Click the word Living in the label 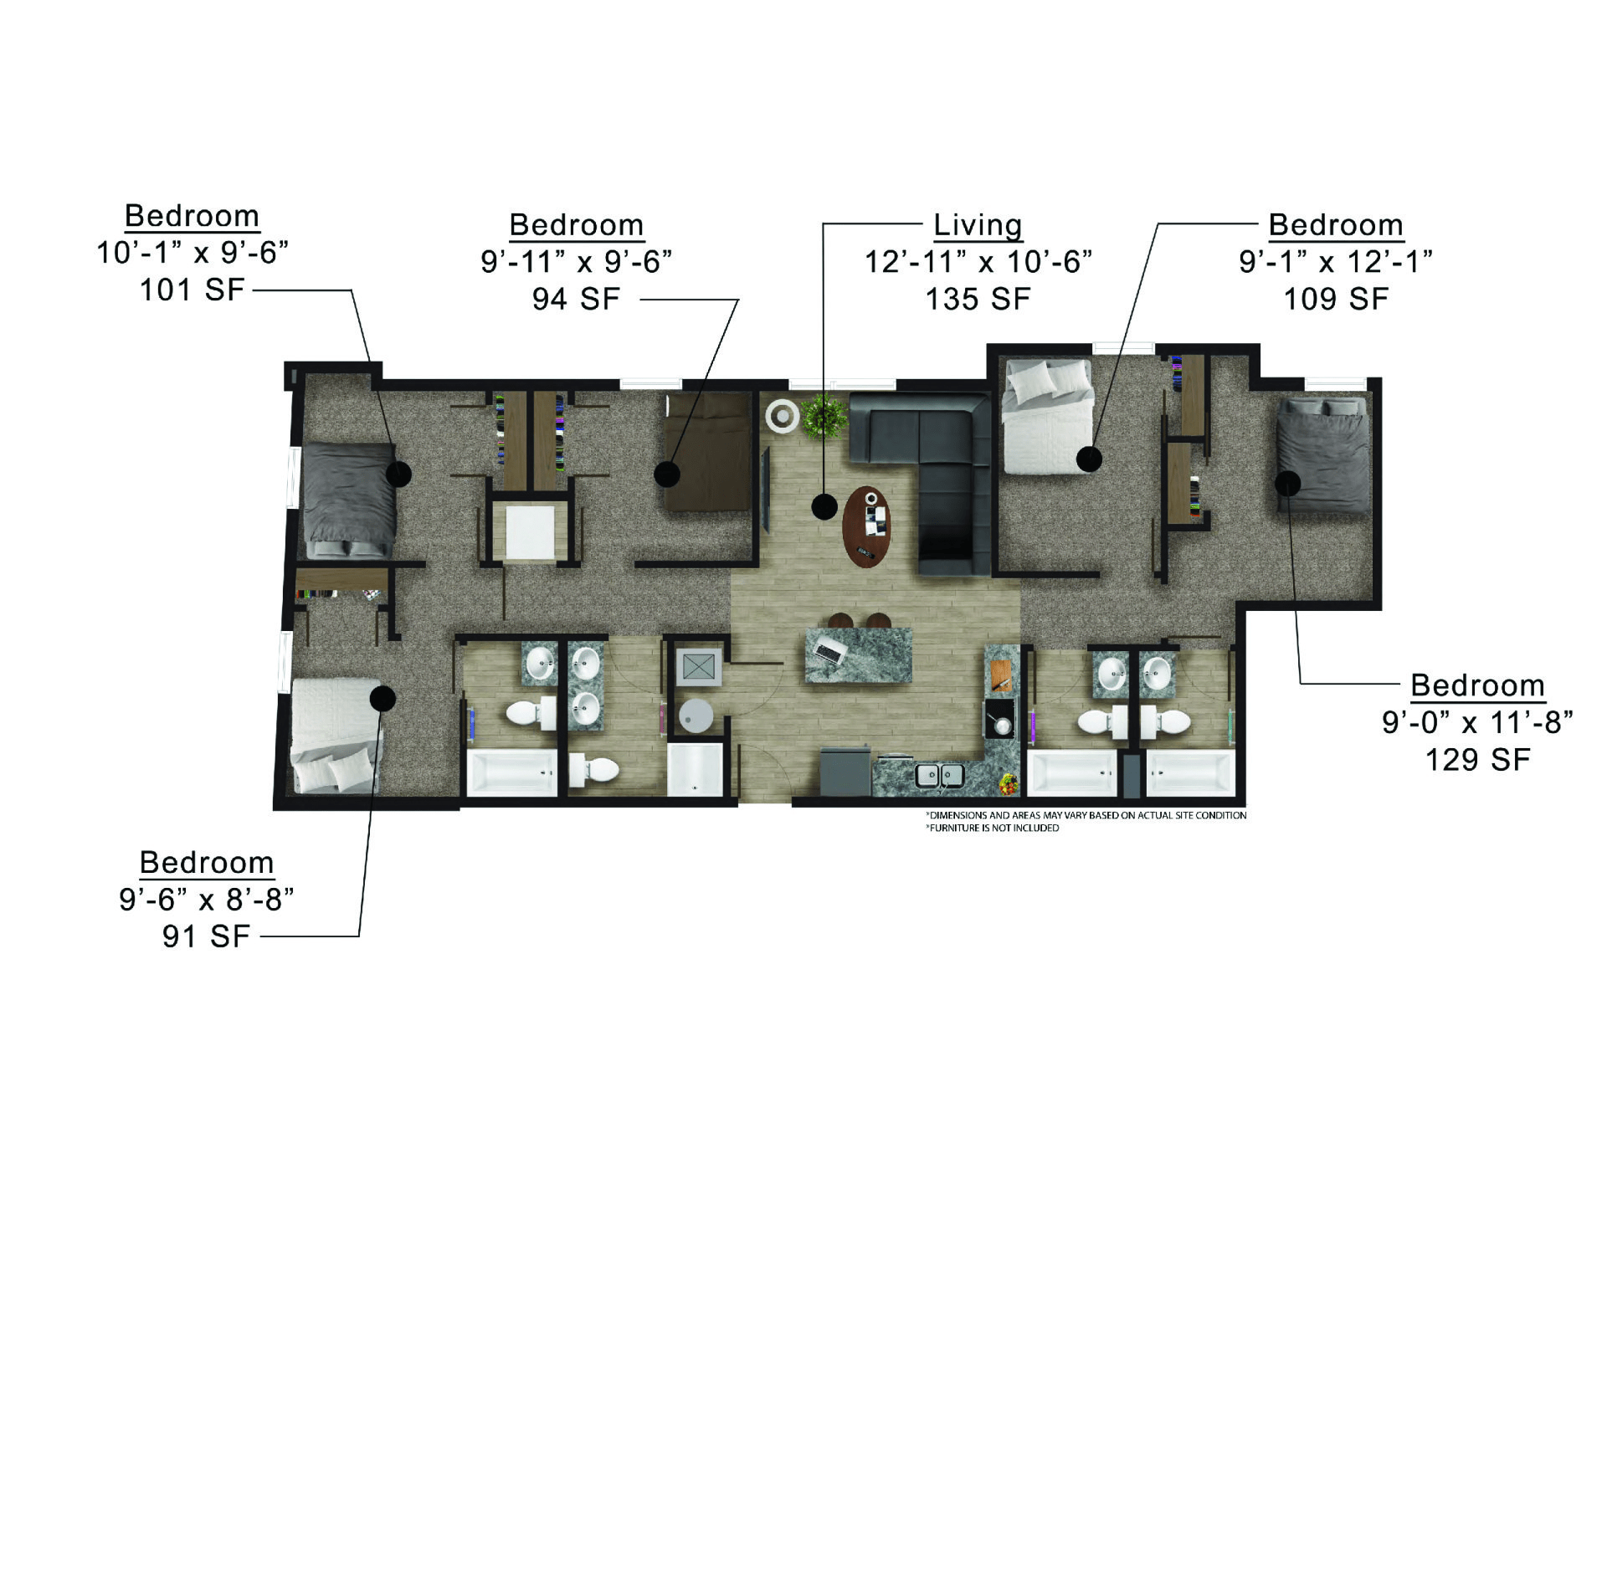pos(978,225)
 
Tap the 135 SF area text pos(978,299)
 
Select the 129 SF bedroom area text pos(1477,759)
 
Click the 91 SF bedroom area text pos(207,936)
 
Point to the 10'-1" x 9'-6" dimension pos(193,252)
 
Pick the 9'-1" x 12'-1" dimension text pos(1336,261)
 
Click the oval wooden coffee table pos(867,526)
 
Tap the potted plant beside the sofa pos(824,417)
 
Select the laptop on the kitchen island pos(829,650)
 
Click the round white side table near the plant pos(783,415)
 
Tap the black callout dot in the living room pos(824,506)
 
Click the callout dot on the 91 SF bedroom pos(383,698)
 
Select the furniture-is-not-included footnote pos(993,828)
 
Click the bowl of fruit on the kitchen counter pos(1009,785)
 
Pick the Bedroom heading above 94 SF pos(577,225)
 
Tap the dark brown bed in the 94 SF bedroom pos(708,452)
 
